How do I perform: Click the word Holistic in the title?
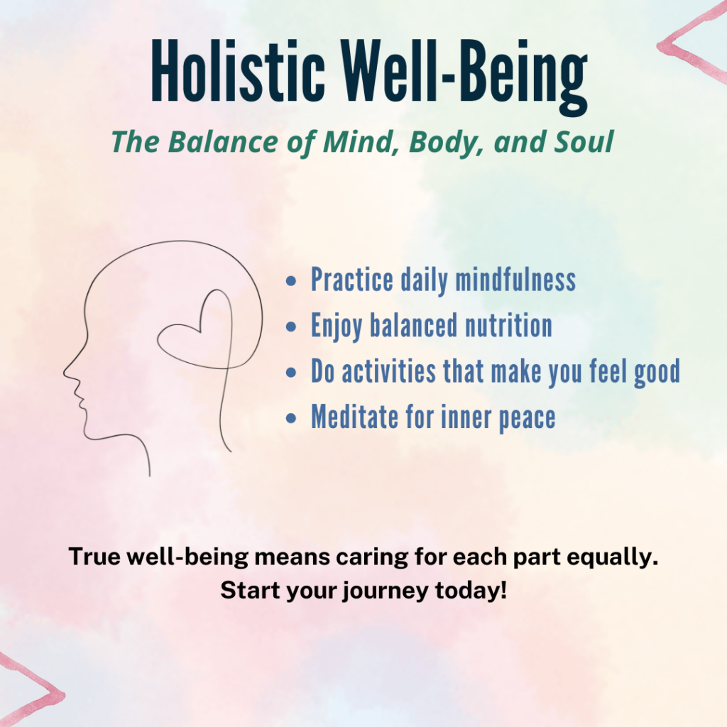tap(237, 70)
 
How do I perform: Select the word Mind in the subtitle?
tap(358, 142)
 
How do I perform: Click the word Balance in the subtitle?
tap(222, 141)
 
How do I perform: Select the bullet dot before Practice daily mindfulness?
tap(290, 281)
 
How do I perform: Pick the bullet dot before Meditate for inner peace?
tap(290, 418)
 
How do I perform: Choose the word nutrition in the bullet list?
tap(508, 325)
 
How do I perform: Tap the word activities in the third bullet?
tap(388, 371)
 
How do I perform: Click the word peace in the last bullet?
tap(528, 420)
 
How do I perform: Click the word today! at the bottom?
tap(471, 590)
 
